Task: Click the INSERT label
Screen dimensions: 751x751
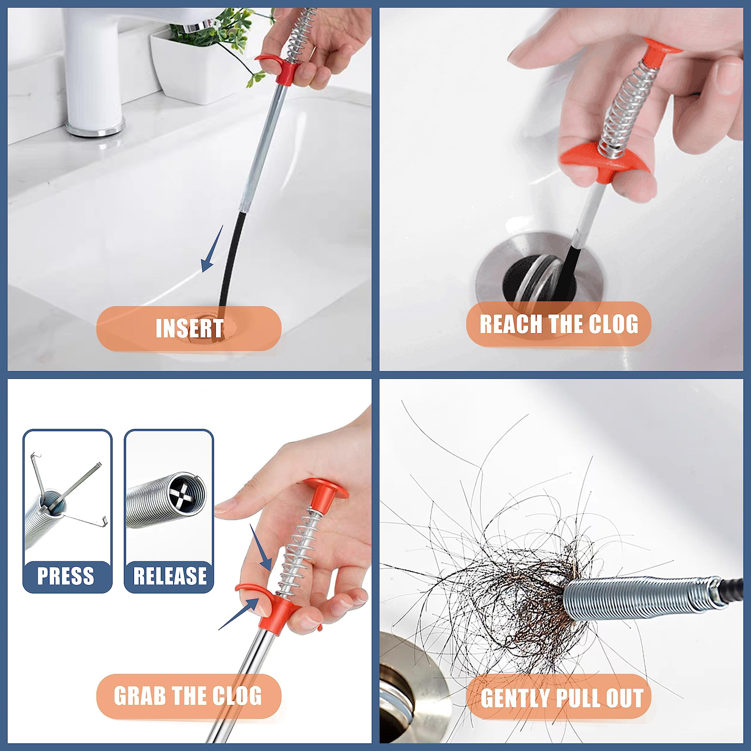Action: point(189,329)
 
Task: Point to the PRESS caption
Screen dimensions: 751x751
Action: point(66,576)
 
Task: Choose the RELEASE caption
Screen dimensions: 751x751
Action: point(170,576)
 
